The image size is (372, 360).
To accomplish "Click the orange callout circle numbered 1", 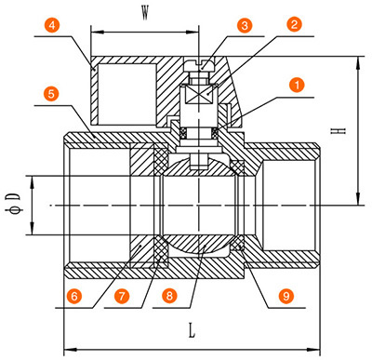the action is (x=297, y=85).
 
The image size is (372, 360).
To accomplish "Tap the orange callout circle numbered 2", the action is (x=294, y=24).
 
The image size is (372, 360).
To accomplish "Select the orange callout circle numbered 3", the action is (x=245, y=25).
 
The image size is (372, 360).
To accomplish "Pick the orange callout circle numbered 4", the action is (x=52, y=25).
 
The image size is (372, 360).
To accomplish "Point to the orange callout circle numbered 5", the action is (x=51, y=94).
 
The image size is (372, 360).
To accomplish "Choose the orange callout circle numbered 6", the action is (x=74, y=296).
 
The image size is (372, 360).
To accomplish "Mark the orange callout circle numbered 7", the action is (x=122, y=296).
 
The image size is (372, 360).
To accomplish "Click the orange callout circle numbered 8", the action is (x=169, y=296).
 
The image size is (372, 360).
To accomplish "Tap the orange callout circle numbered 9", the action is (x=286, y=296).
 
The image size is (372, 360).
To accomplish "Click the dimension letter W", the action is (x=145, y=13).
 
